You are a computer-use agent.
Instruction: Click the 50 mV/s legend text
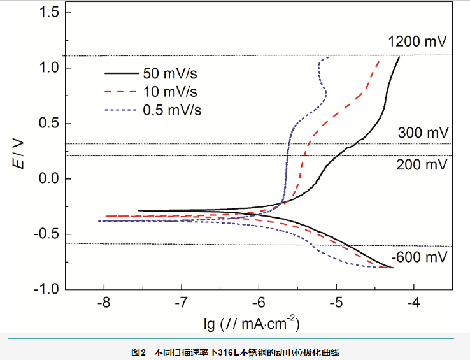(x=169, y=73)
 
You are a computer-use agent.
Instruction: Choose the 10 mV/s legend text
(x=169, y=91)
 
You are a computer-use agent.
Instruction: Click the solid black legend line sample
(x=122, y=73)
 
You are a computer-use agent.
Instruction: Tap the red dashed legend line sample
(x=122, y=91)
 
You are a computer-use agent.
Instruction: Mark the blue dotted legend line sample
(x=122, y=110)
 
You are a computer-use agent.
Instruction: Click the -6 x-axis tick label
(x=259, y=301)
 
